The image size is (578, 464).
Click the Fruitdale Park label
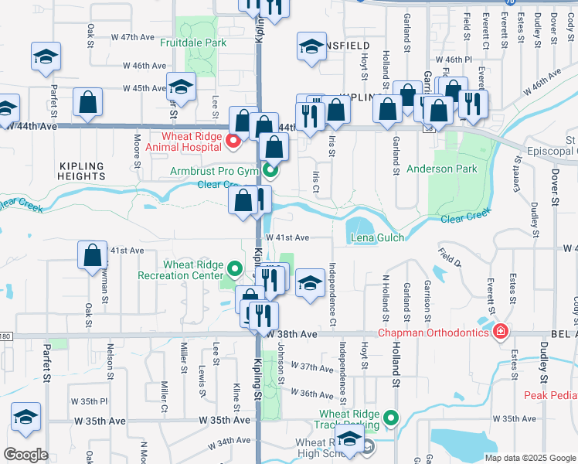pyautogui.click(x=193, y=43)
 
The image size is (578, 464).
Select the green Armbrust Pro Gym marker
pyautogui.click(x=269, y=170)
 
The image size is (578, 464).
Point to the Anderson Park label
pyautogui.click(x=442, y=169)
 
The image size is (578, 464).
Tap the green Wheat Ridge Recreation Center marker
pyautogui.click(x=234, y=270)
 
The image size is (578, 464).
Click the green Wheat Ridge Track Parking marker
pyautogui.click(x=391, y=419)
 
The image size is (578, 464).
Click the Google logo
pyautogui.click(x=25, y=455)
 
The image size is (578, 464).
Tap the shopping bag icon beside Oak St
pyautogui.click(x=88, y=102)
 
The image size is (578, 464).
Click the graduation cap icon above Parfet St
pyautogui.click(x=46, y=56)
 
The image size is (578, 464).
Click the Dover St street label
pyautogui.click(x=555, y=189)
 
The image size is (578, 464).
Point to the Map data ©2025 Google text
pyautogui.click(x=529, y=458)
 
